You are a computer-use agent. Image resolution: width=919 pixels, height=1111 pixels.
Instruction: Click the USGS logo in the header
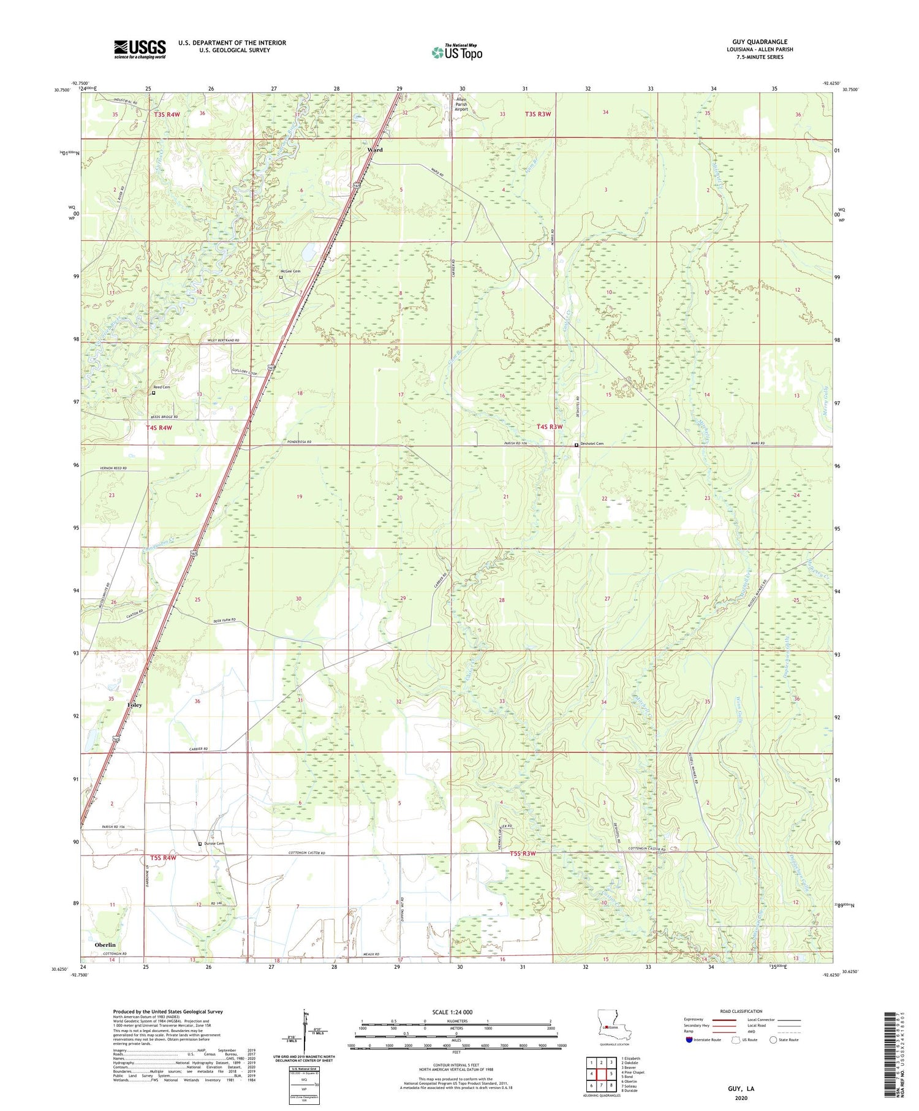click(x=140, y=49)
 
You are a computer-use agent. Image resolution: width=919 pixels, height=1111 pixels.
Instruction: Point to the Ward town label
click(x=375, y=150)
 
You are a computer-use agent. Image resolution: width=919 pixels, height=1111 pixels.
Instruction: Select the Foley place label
click(x=134, y=705)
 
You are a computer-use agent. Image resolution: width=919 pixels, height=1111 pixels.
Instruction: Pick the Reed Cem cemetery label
click(x=162, y=387)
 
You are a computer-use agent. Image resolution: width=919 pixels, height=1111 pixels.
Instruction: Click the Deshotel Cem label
click(x=592, y=444)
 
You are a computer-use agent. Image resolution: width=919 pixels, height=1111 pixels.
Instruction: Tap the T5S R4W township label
click(x=163, y=858)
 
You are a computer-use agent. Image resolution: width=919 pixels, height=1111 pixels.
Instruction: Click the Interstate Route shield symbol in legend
click(x=689, y=1040)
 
